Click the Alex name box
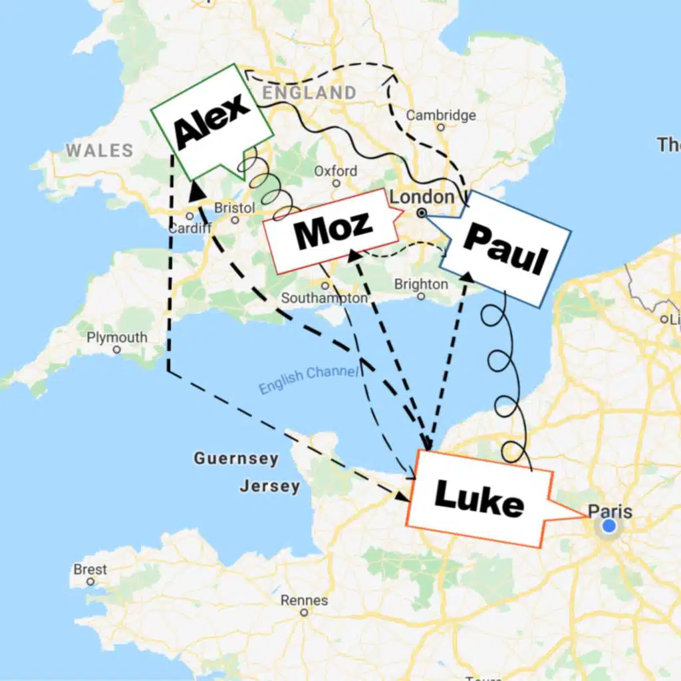pyautogui.click(x=211, y=122)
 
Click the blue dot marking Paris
pyautogui.click(x=608, y=527)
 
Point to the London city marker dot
pyautogui.click(x=421, y=213)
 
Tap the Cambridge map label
pyautogui.click(x=441, y=116)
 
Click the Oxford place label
pyautogui.click(x=335, y=171)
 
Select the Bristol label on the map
pyautogui.click(x=234, y=208)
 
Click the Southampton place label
pyautogui.click(x=324, y=299)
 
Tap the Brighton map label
pyautogui.click(x=421, y=285)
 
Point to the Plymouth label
pyautogui.click(x=117, y=338)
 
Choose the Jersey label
pyautogui.click(x=270, y=486)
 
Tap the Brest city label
pyautogui.click(x=90, y=570)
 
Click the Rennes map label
pyautogui.click(x=304, y=601)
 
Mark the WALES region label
pyautogui.click(x=99, y=151)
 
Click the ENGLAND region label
pyautogui.click(x=309, y=92)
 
